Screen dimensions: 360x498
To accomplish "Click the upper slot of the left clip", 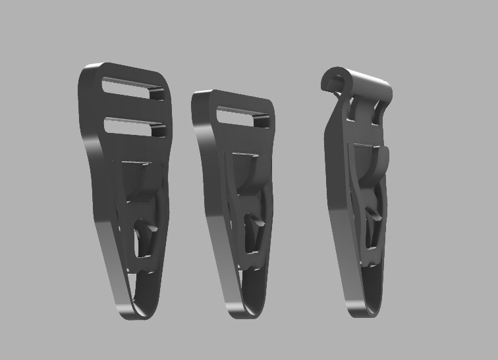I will [x=133, y=88].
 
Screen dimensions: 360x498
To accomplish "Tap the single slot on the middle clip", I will [x=242, y=118].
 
